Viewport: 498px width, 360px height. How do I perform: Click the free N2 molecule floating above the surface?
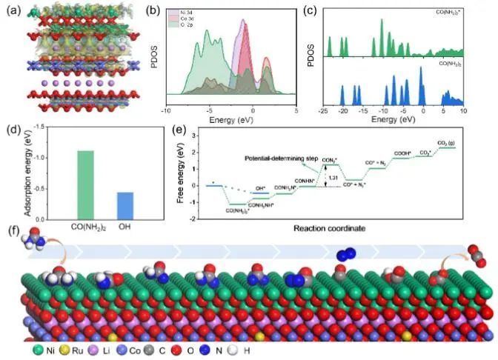coord(345,256)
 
